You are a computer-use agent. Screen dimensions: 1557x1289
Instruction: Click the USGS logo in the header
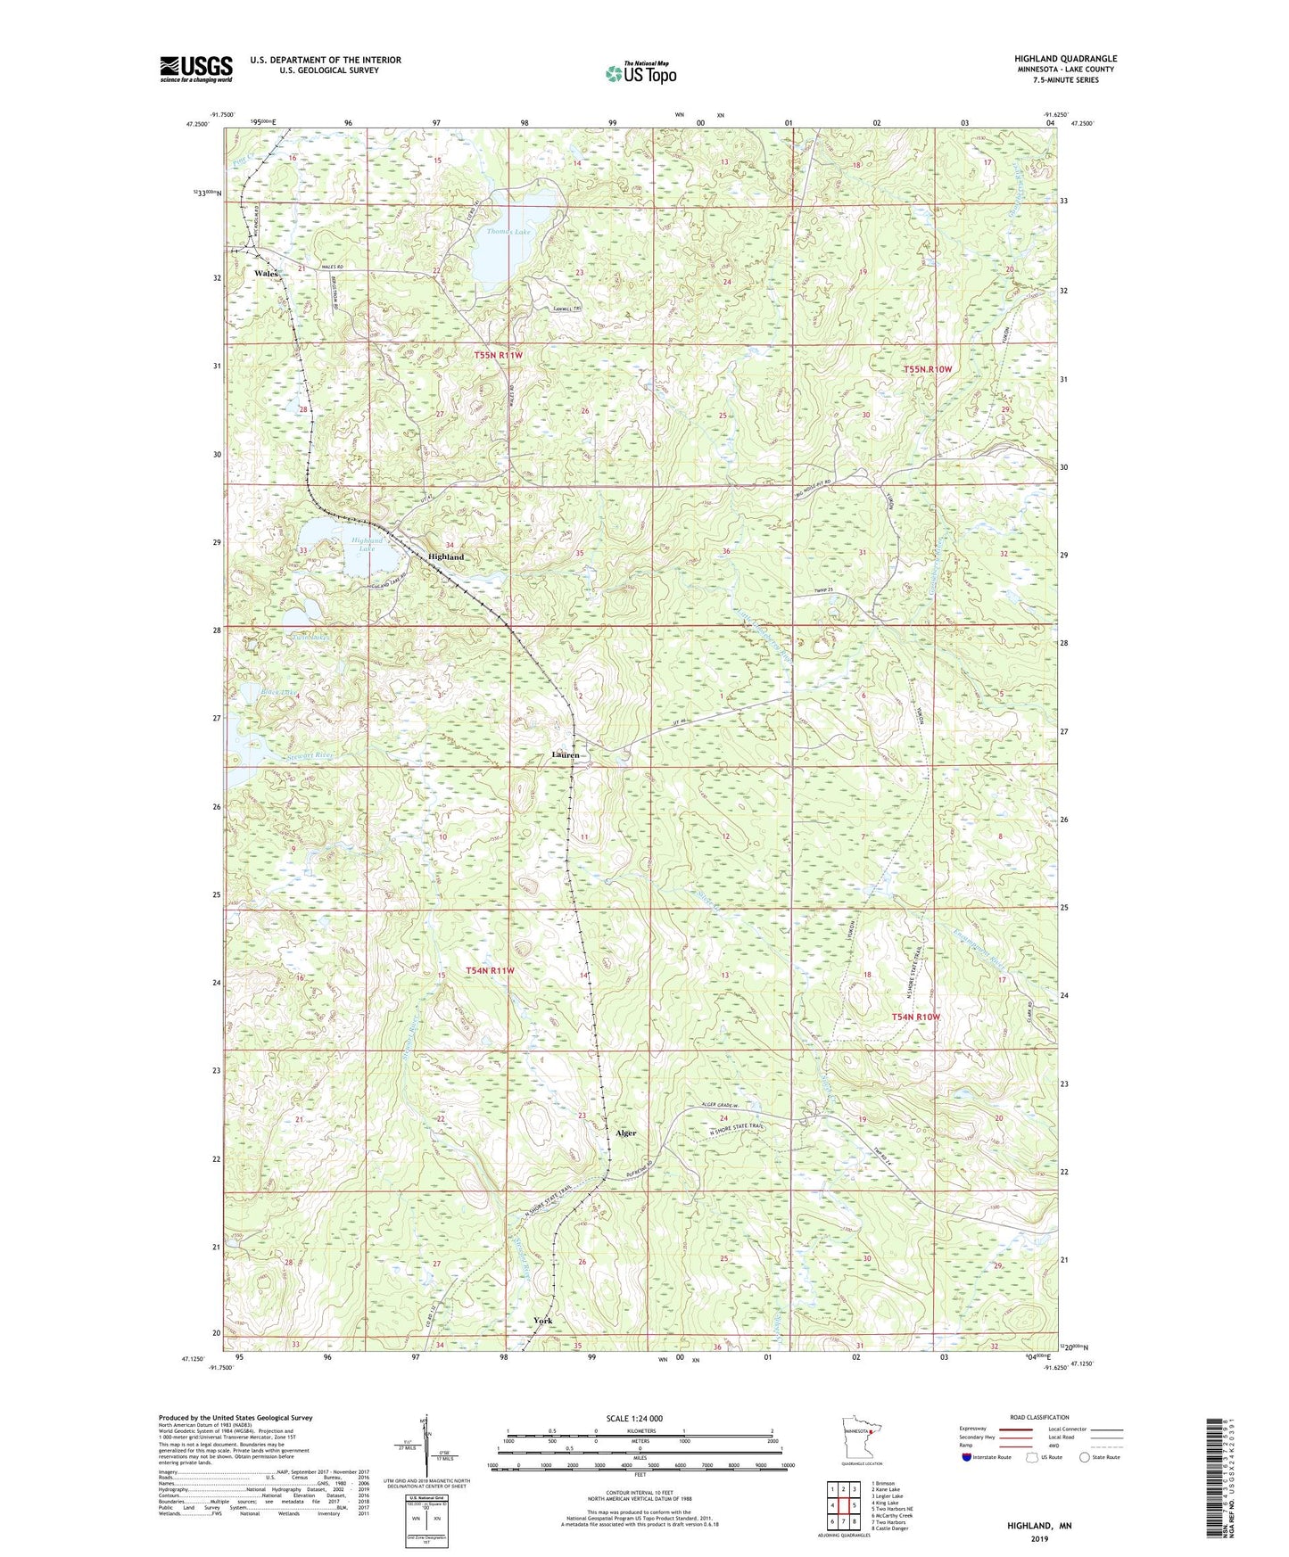pyautogui.click(x=195, y=69)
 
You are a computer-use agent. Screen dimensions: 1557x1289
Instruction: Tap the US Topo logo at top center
pyautogui.click(x=640, y=73)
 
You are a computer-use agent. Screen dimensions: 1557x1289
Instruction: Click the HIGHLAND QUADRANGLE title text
pyautogui.click(x=1064, y=59)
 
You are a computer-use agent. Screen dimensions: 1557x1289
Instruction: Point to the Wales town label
pyautogui.click(x=266, y=273)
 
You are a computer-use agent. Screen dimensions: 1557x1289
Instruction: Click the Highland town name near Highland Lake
pyautogui.click(x=446, y=556)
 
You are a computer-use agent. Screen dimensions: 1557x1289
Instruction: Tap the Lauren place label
pyautogui.click(x=566, y=754)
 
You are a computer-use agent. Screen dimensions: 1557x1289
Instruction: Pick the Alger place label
pyautogui.click(x=625, y=1133)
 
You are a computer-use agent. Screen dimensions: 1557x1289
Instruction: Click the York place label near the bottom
pyautogui.click(x=542, y=1321)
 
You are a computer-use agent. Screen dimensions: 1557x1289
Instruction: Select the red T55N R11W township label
pyautogui.click(x=498, y=355)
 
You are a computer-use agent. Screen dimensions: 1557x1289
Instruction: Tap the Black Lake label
pyautogui.click(x=276, y=692)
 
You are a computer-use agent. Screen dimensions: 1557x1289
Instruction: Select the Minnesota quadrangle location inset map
pyautogui.click(x=860, y=1438)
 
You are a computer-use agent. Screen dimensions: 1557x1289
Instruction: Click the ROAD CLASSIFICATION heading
pyautogui.click(x=1039, y=1417)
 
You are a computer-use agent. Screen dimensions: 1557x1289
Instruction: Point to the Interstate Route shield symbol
pyautogui.click(x=966, y=1457)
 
